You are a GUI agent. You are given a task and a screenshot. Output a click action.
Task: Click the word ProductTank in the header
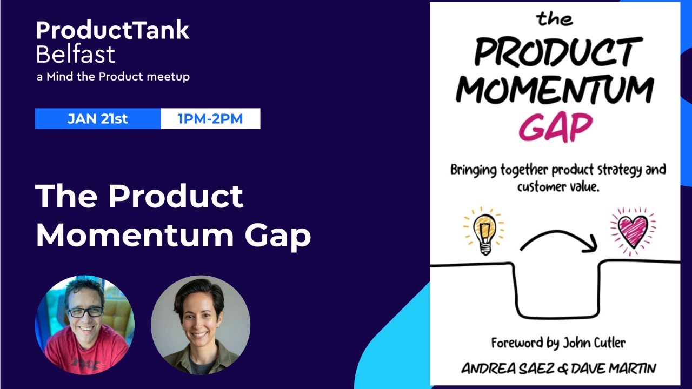112,31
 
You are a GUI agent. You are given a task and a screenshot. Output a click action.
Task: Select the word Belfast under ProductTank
75,55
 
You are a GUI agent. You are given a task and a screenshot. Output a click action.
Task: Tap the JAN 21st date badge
98,119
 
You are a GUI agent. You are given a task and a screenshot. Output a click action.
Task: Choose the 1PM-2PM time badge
210,119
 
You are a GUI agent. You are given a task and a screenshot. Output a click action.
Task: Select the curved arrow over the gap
558,238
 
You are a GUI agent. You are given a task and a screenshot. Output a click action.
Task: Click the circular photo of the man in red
85,325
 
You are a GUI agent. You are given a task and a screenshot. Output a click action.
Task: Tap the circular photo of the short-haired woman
201,325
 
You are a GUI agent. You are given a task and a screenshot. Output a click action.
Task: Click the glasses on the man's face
84,312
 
